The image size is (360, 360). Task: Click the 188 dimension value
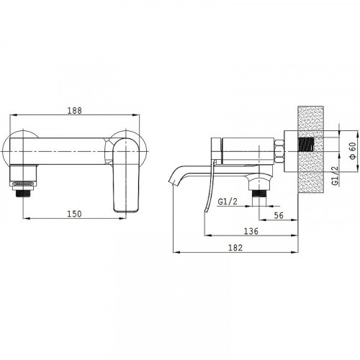click(74, 111)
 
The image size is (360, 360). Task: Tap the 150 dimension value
click(74, 214)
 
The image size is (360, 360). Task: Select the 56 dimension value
click(279, 215)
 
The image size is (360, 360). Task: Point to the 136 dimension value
click(251, 231)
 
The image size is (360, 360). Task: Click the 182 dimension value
click(235, 248)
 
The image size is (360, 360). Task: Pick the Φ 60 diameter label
click(353, 150)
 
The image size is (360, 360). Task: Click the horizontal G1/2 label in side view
click(228, 201)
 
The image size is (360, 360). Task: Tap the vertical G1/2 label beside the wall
click(336, 176)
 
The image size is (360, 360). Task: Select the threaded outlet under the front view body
click(23, 193)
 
